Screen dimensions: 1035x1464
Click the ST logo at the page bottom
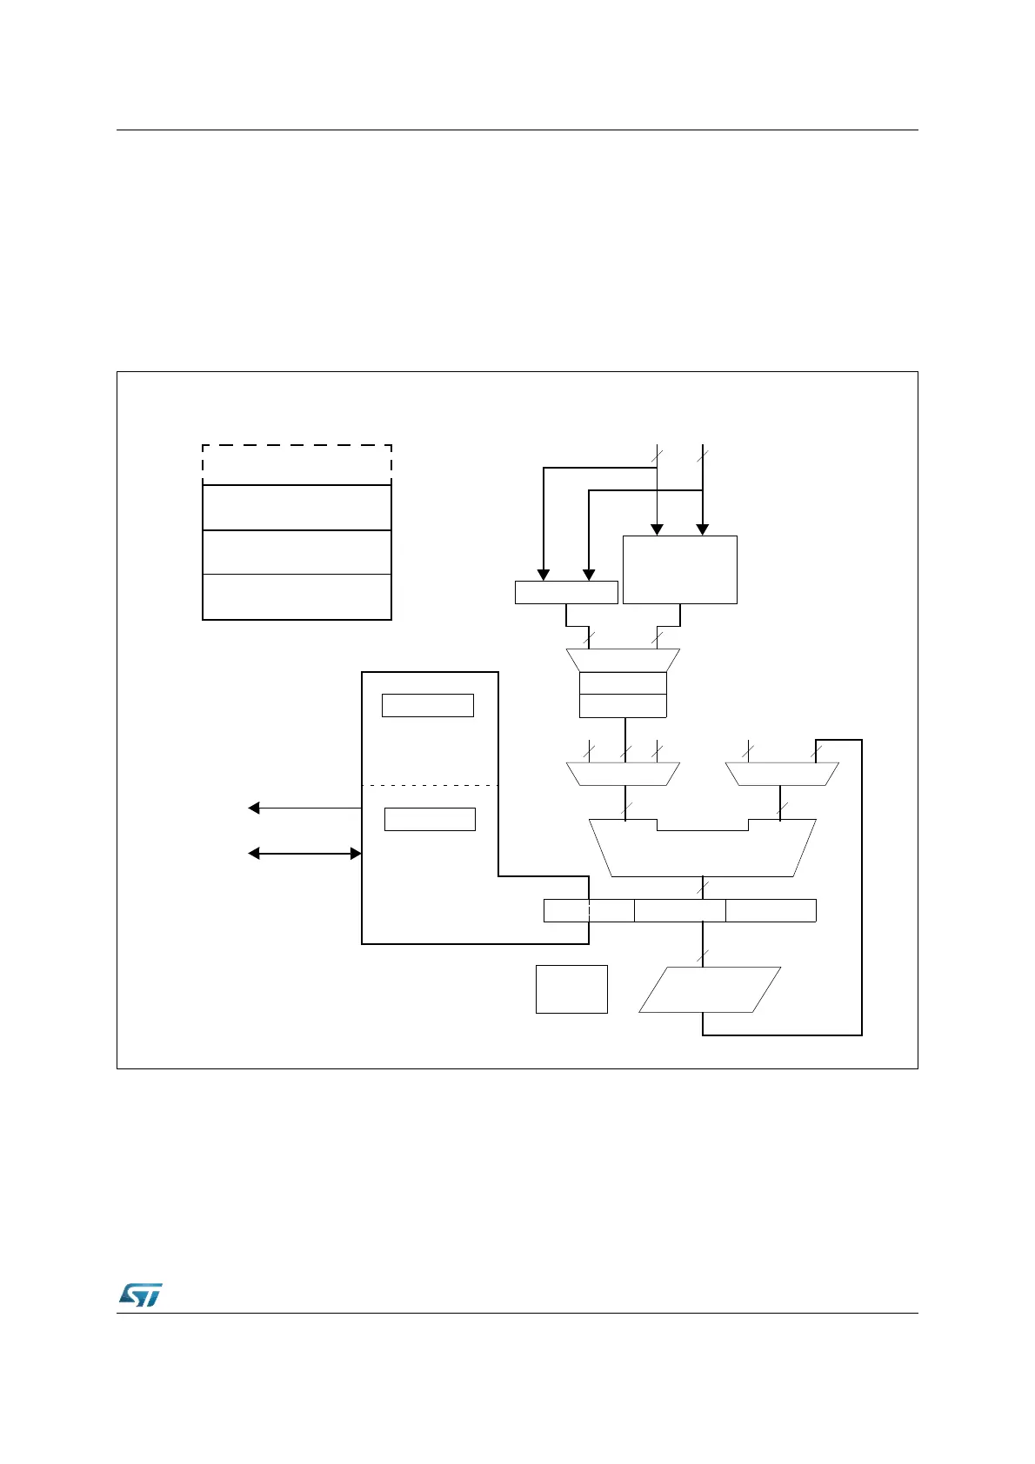[x=139, y=1294]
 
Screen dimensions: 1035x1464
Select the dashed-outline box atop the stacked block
[x=297, y=464]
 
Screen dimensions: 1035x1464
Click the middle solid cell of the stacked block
[x=297, y=552]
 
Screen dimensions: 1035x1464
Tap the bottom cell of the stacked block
[x=297, y=596]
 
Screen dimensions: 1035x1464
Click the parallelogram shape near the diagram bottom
[x=710, y=989]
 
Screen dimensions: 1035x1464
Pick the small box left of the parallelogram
[x=571, y=988]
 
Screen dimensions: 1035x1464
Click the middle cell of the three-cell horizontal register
[x=680, y=910]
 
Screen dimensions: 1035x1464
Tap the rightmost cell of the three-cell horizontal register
[x=771, y=910]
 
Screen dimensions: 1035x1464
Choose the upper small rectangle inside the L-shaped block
[x=428, y=705]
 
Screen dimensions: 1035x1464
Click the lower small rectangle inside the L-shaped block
[x=430, y=819]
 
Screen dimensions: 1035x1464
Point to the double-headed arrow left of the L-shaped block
[x=304, y=854]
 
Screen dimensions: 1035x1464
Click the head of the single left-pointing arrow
[x=254, y=809]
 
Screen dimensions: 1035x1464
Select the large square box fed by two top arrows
[x=680, y=569]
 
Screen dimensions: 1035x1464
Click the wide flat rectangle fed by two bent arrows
[x=566, y=592]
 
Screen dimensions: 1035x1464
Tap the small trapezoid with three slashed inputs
[x=623, y=774]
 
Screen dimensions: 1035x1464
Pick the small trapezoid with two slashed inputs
[x=782, y=774]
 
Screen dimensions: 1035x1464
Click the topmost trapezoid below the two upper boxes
[x=623, y=660]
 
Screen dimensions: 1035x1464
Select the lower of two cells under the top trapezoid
[x=623, y=706]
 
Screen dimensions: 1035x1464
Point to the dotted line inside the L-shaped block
[x=430, y=786]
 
